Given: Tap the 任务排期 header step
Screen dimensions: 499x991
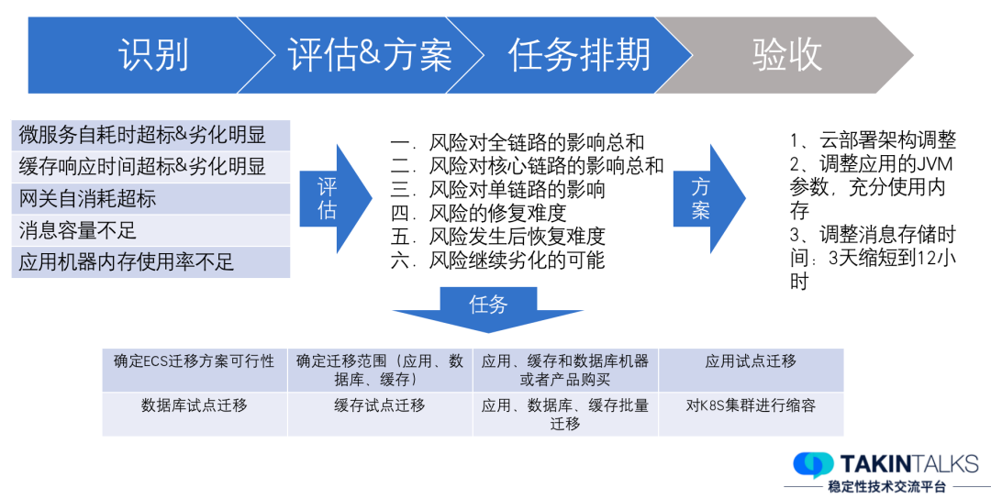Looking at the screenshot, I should click(x=579, y=56).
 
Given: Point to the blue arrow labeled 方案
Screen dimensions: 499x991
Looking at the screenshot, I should click(x=709, y=198).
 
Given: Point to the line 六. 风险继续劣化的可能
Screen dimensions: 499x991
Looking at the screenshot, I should click(x=497, y=261).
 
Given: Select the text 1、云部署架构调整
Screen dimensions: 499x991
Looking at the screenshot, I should click(x=873, y=140).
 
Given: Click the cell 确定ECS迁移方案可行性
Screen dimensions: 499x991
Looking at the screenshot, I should click(x=194, y=361).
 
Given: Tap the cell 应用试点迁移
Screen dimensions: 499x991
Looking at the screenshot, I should click(x=751, y=361).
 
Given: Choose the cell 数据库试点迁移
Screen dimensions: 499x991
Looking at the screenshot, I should click(x=194, y=405).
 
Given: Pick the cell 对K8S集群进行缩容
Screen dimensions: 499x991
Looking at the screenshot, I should click(x=751, y=405).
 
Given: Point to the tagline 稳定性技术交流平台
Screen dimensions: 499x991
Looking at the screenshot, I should click(x=885, y=486).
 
